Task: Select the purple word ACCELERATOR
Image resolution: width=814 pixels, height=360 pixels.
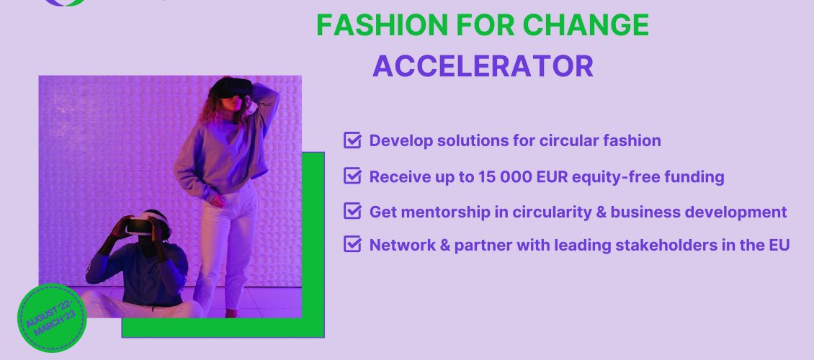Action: click(483, 66)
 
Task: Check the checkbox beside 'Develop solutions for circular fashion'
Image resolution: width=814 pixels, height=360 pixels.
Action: click(352, 140)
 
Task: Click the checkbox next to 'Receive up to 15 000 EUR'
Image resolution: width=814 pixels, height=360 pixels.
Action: click(352, 176)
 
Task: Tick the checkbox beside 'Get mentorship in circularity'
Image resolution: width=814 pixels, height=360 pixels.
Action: click(352, 211)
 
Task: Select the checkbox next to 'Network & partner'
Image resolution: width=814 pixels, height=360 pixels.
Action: click(352, 244)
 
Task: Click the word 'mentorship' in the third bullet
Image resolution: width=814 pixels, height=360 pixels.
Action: click(447, 212)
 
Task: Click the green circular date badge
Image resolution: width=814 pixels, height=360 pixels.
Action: click(52, 318)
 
